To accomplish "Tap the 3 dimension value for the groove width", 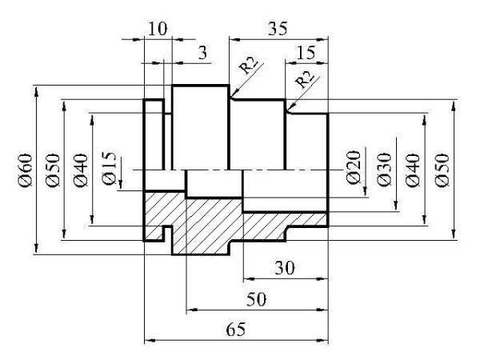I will (202, 53).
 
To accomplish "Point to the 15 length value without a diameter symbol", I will (306, 53).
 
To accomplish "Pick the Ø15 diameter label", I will (110, 169).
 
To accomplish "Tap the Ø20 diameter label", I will (354, 169).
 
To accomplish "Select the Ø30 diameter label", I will (384, 169).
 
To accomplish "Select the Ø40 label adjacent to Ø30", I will (412, 170).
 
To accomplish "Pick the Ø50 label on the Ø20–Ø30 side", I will (441, 170).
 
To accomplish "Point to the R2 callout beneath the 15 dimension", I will (305, 79).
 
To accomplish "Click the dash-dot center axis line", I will (240, 170).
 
